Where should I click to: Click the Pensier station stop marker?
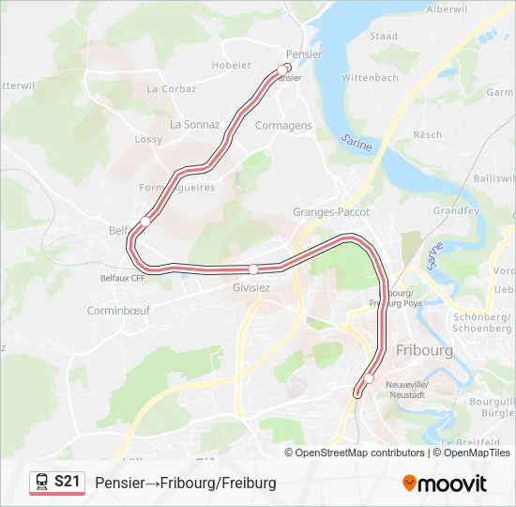coord(283,69)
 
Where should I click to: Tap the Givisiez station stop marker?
coord(253,269)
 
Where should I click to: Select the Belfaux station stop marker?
coord(144,221)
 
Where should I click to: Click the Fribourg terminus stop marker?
coord(369,379)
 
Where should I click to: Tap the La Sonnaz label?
coord(194,124)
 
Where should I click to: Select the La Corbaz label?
coord(172,89)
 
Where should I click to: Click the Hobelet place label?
coord(232,66)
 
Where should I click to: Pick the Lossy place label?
coord(148,140)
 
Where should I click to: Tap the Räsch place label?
coord(428,135)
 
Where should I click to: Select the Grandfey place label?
coord(456,211)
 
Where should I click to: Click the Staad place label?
coord(384,37)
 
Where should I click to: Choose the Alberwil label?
coord(448,8)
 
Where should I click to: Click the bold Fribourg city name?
coord(424,350)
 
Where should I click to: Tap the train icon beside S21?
coord(41,482)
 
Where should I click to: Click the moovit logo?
coord(445,484)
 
